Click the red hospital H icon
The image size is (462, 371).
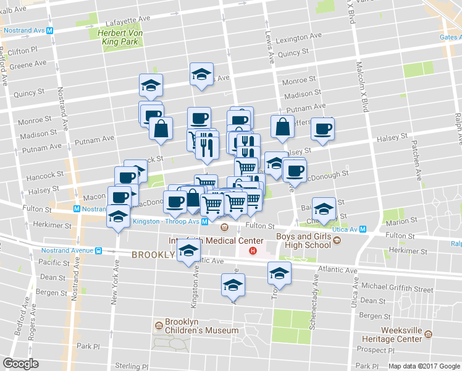click(252, 250)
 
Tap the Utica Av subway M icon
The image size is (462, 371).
click(363, 229)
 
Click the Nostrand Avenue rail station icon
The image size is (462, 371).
click(98, 250)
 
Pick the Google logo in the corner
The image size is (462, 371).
click(20, 364)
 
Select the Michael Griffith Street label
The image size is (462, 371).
click(398, 288)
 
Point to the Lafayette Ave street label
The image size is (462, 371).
click(128, 21)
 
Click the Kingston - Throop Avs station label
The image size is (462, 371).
click(167, 221)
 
